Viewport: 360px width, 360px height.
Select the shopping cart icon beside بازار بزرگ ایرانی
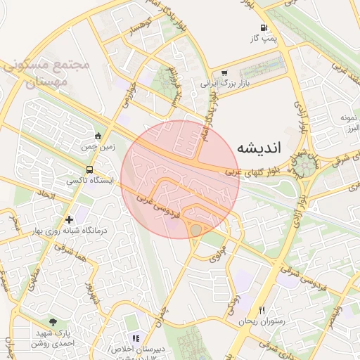click(224, 72)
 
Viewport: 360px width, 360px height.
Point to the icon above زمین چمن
click(97, 135)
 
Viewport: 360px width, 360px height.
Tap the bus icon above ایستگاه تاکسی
click(89, 169)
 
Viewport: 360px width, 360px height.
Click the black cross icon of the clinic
click(69, 219)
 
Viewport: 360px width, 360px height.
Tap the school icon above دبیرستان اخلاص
click(136, 338)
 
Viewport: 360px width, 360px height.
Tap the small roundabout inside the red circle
click(195, 229)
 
